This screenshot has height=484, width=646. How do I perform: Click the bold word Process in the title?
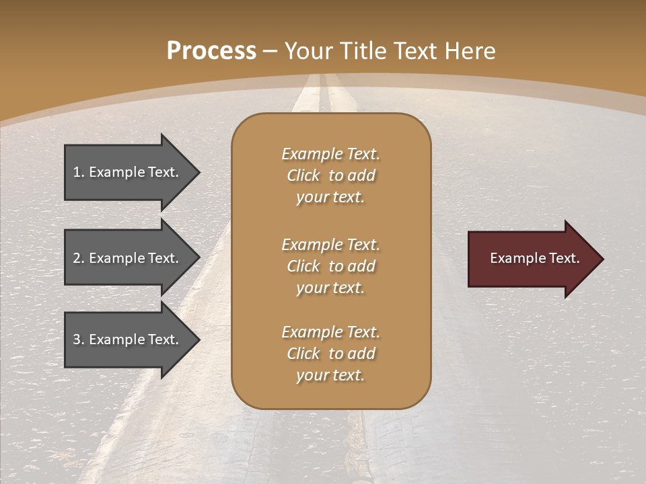[211, 51]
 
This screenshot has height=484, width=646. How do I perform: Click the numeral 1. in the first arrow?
[78, 172]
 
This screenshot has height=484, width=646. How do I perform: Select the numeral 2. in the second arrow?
[78, 258]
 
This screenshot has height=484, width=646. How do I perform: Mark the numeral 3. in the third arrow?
[78, 339]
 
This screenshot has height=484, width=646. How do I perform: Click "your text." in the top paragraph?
[330, 198]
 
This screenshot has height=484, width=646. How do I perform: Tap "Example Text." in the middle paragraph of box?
[330, 245]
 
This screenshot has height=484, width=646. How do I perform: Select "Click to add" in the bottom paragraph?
[330, 354]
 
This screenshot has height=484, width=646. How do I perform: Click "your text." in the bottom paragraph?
[330, 376]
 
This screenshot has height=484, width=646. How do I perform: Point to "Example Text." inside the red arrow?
[535, 258]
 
